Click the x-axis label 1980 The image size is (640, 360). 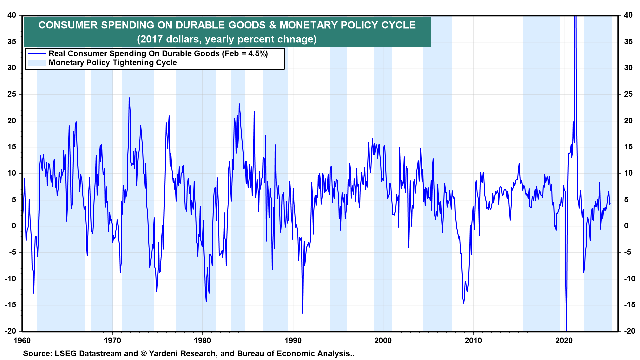click(x=202, y=340)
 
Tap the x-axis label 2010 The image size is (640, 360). click(x=473, y=340)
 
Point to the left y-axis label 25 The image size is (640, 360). click(x=12, y=94)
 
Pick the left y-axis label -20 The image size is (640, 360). click(x=10, y=331)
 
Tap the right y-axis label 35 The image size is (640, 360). click(x=628, y=42)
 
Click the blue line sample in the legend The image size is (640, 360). click(x=36, y=54)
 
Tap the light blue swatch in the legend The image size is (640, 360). click(x=36, y=63)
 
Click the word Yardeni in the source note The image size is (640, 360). click(x=164, y=353)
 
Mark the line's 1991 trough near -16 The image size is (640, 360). click(x=303, y=313)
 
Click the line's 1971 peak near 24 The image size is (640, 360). click(x=129, y=98)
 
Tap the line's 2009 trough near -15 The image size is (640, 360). click(x=464, y=303)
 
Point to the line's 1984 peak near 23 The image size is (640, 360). click(x=239, y=104)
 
